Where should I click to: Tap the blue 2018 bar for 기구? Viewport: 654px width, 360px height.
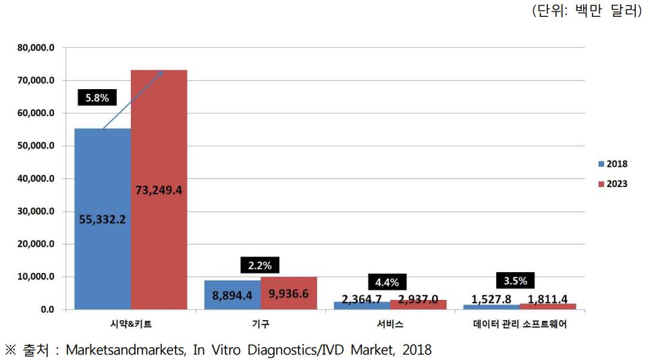232,295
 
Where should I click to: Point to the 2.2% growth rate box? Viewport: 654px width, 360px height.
261,266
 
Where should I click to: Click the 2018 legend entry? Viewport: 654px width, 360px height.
613,163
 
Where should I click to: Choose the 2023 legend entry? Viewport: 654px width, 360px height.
613,184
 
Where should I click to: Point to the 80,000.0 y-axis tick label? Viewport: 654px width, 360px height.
36,48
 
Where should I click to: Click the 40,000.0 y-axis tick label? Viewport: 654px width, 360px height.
36,179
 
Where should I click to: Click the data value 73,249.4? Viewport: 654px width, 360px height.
159,190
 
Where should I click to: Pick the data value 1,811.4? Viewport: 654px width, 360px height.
547,299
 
